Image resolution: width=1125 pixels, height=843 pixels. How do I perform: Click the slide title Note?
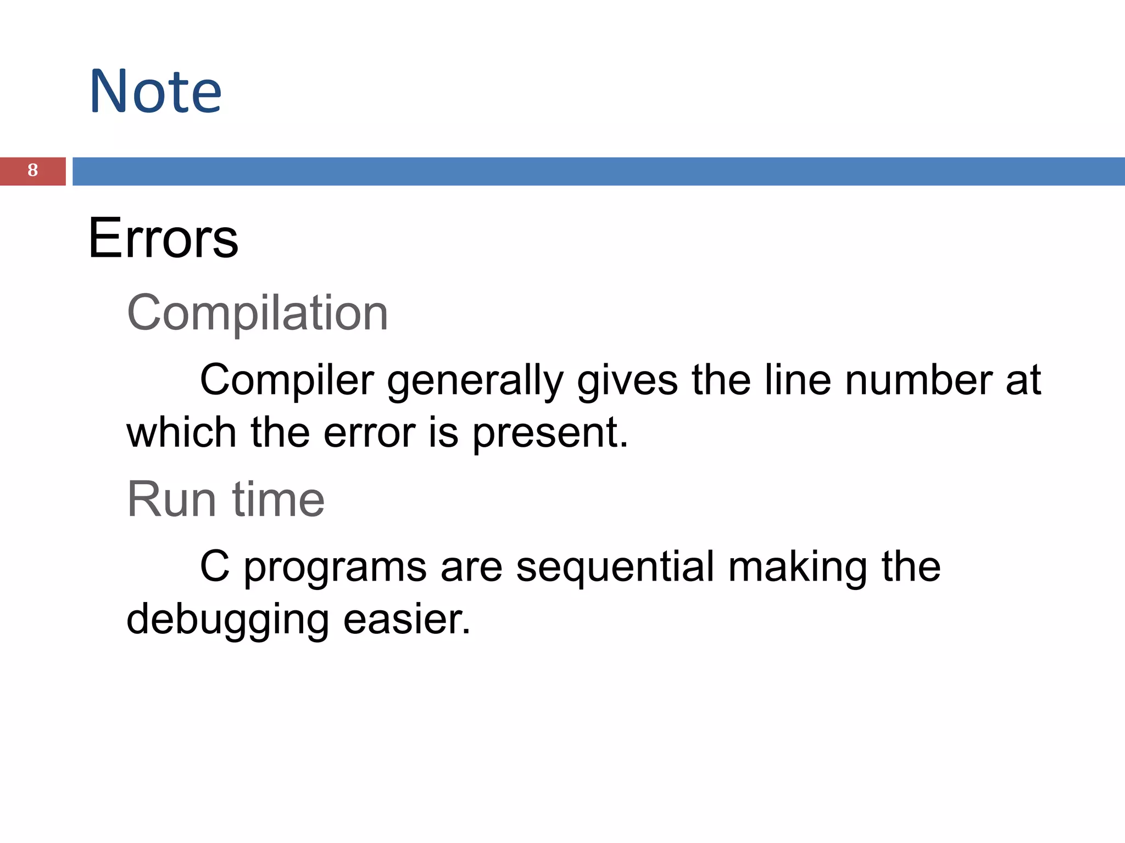coord(155,91)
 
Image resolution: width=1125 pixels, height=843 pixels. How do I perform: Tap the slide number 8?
coord(32,171)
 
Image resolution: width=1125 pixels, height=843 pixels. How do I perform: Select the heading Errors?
coord(163,238)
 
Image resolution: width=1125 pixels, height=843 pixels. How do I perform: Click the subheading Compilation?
coord(257,313)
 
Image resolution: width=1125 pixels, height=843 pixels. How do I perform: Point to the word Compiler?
coord(287,380)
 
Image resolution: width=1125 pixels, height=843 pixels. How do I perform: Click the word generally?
coord(475,381)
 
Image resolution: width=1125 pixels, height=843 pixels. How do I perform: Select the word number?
coord(918,380)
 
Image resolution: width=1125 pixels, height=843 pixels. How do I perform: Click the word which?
coord(181,433)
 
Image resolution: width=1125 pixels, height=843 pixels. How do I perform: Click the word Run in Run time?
coord(171,499)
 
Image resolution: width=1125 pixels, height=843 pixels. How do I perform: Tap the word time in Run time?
coord(279,499)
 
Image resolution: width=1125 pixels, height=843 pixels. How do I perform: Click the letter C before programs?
coord(214,567)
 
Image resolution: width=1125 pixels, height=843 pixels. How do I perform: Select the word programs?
coord(335,569)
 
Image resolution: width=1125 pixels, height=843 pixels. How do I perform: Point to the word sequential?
coord(615,568)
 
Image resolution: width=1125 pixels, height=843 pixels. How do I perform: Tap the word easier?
coord(406,620)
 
